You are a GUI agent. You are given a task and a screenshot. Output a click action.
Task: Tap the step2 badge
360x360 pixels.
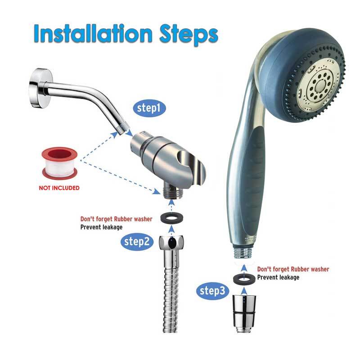(x=137, y=241)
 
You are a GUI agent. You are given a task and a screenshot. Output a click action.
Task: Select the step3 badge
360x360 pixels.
(x=212, y=291)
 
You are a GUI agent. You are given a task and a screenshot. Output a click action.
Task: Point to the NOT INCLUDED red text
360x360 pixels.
(x=59, y=188)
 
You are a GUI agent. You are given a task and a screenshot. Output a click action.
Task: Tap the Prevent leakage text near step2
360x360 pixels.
(x=101, y=227)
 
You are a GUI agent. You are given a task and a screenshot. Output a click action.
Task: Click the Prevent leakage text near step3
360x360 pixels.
(x=278, y=278)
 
